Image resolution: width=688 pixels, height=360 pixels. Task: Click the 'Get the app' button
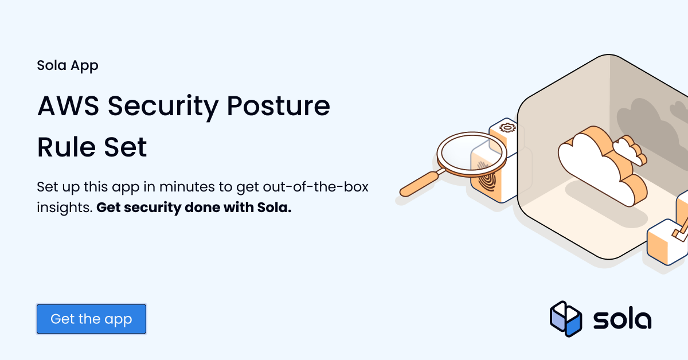(91, 319)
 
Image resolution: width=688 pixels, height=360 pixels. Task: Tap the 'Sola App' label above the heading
(68, 65)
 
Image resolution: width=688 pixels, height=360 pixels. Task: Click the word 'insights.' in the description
(64, 208)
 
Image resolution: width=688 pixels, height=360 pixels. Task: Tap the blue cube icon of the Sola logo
(565, 319)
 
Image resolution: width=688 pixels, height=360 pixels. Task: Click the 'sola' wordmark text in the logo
(622, 319)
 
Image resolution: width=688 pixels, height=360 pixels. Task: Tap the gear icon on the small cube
(505, 128)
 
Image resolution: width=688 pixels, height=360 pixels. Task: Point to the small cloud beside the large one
(628, 150)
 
